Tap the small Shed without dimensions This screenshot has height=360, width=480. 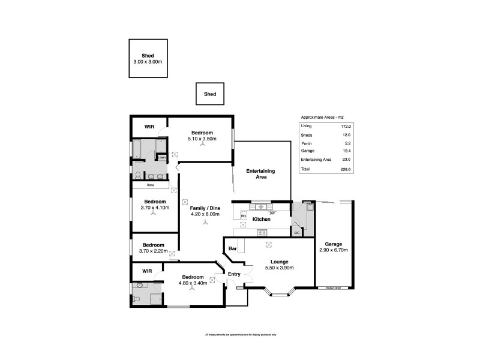tap(210, 94)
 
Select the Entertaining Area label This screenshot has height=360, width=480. tap(260, 174)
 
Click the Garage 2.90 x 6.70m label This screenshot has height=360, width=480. tap(334, 247)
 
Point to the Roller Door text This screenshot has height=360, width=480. tap(334, 288)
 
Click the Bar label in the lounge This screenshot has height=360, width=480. tap(233, 248)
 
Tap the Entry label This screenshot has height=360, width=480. tap(234, 274)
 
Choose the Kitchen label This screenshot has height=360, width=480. tap(261, 220)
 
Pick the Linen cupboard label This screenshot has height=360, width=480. tap(161, 158)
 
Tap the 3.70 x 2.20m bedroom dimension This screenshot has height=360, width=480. tap(154, 251)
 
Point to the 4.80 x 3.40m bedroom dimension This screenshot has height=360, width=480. tap(193, 283)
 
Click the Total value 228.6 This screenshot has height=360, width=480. tap(346, 170)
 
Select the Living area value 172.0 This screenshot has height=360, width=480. tap(346, 126)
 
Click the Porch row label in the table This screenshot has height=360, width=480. tap(306, 143)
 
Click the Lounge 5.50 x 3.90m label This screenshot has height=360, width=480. tap(280, 265)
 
